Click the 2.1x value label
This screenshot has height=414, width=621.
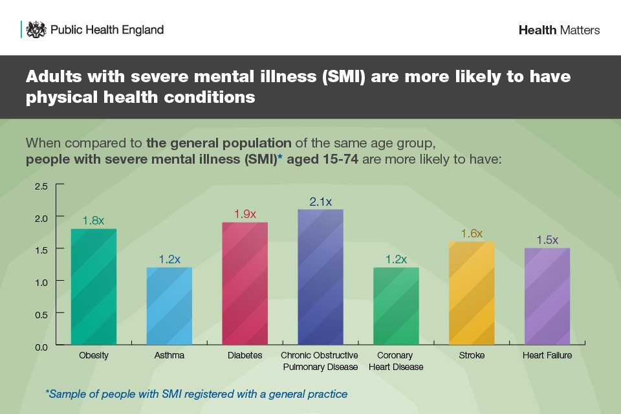(x=320, y=202)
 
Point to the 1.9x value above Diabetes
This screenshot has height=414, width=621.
(x=245, y=214)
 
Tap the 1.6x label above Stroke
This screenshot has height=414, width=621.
(x=472, y=234)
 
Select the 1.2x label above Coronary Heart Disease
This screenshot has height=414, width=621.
(x=396, y=259)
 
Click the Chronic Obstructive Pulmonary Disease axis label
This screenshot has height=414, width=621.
(x=320, y=361)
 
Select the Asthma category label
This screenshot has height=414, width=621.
(x=169, y=356)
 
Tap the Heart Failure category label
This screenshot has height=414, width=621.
(x=547, y=356)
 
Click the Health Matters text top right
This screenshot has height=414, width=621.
(x=559, y=30)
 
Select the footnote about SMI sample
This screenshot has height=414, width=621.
(x=197, y=393)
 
